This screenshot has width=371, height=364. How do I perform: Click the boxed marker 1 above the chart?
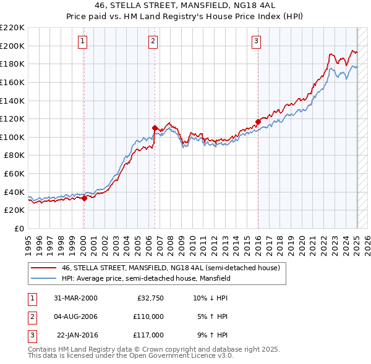[x=83, y=41]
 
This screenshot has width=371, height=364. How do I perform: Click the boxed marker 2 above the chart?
[x=153, y=41]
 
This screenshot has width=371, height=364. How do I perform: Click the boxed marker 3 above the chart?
[x=256, y=41]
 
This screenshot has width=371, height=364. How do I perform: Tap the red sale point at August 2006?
[x=155, y=128]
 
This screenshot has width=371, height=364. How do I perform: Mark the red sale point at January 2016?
[x=258, y=122]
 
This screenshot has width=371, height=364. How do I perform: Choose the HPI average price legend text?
[x=146, y=279]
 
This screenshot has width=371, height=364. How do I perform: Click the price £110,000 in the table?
[x=148, y=316]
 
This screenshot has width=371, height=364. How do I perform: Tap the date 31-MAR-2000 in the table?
[x=75, y=298]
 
